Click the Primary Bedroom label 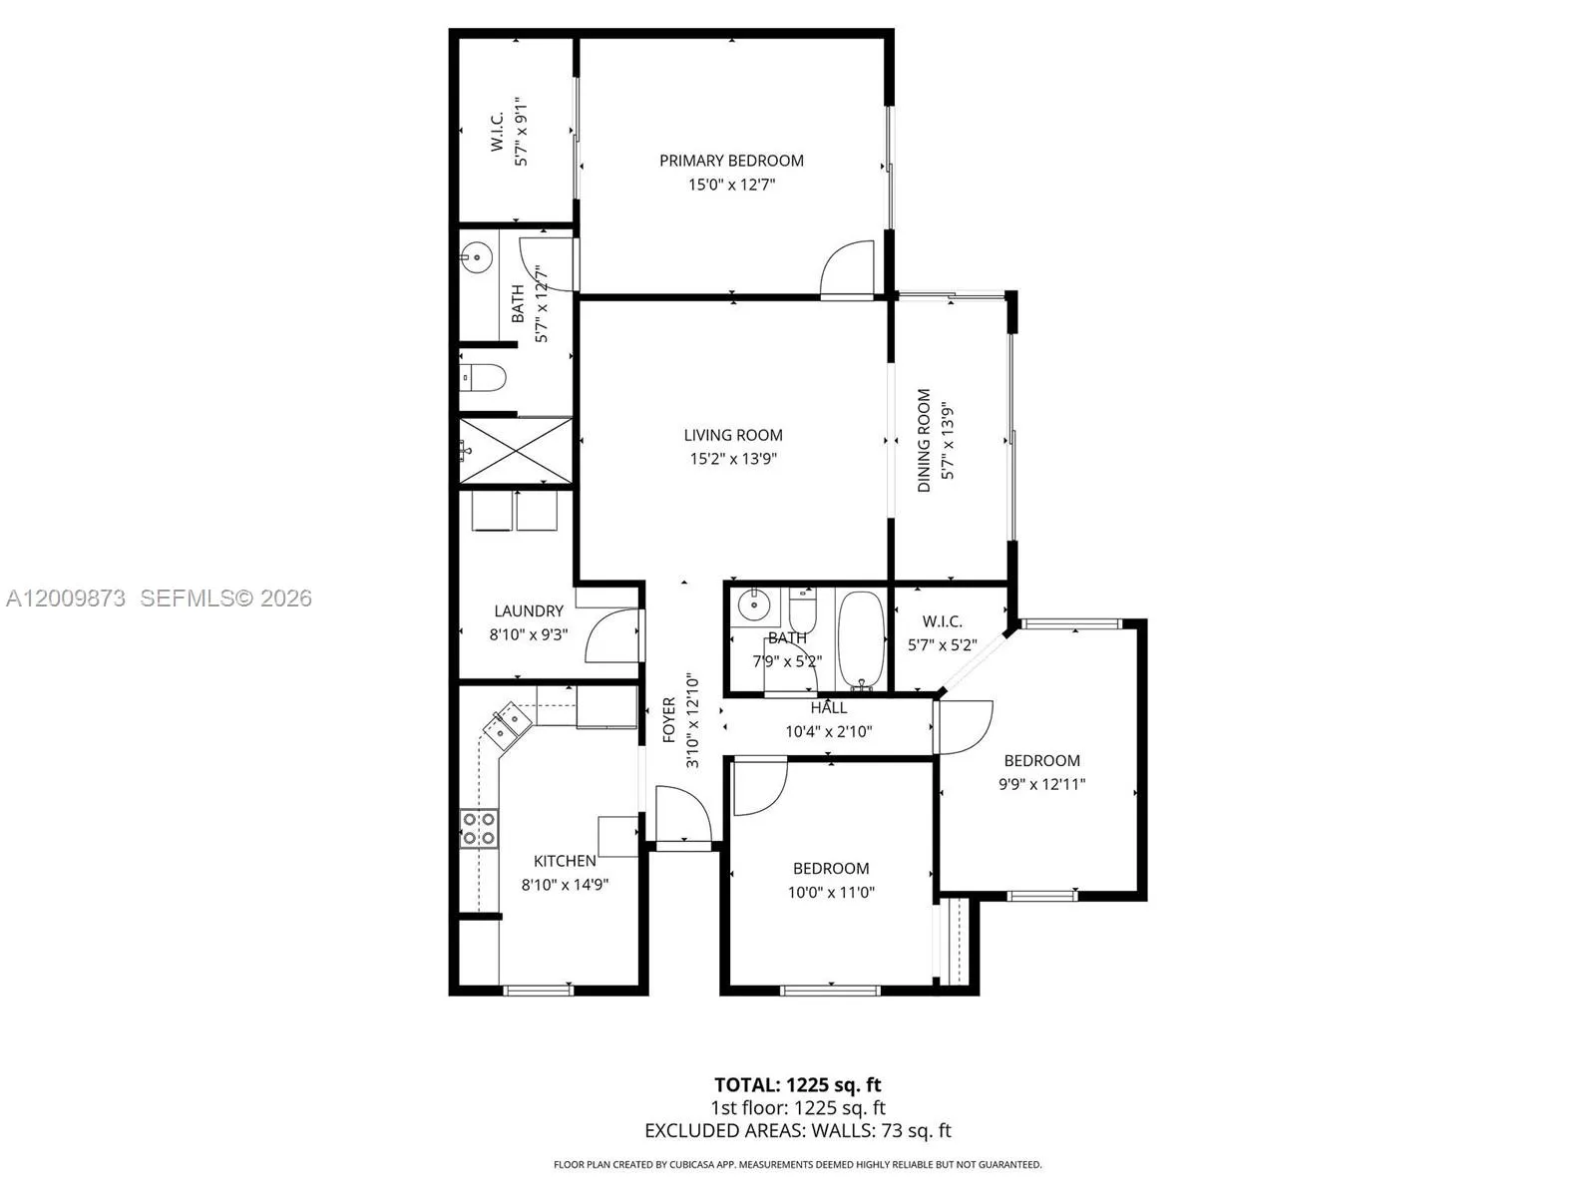731,161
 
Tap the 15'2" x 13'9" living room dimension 733,459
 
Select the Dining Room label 924,440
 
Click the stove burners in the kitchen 479,829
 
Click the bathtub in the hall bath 860,638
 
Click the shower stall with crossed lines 516,452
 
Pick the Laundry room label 529,610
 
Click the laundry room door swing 609,637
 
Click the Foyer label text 669,719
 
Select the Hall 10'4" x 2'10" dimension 829,731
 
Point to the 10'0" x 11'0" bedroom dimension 831,892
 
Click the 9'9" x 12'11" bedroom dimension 1041,784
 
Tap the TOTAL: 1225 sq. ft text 797,1084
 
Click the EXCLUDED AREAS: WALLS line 797,1130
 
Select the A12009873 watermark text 66,598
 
